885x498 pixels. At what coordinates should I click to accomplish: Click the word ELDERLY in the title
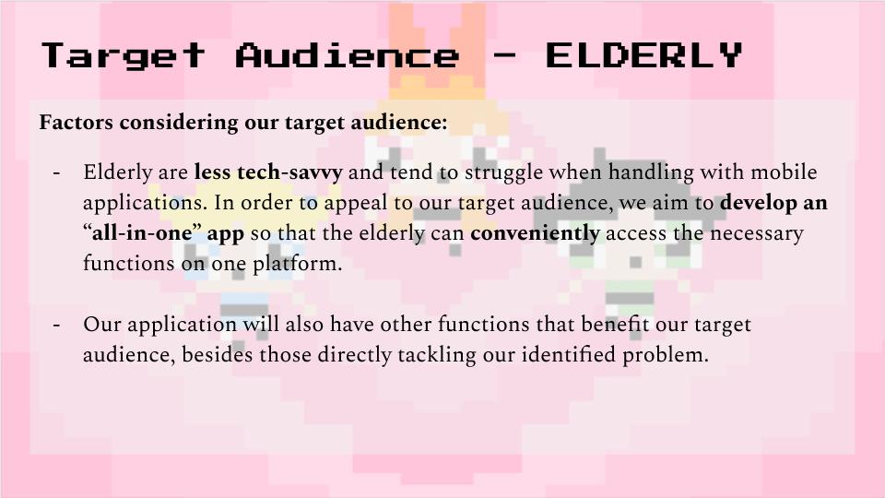(x=643, y=54)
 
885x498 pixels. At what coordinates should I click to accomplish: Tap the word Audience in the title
(x=348, y=54)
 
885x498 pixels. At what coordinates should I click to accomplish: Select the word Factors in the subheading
(x=77, y=122)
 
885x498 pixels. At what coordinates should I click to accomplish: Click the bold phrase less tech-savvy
(x=268, y=172)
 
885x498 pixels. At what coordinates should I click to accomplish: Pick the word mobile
(x=784, y=172)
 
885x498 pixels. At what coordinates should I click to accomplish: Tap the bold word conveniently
(x=535, y=233)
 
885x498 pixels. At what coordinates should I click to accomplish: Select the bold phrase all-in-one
(x=142, y=232)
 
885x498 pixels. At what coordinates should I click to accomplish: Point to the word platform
(x=297, y=264)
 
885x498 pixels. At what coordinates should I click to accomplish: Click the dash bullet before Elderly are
(x=56, y=172)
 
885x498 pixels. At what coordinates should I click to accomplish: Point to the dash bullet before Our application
(x=56, y=326)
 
